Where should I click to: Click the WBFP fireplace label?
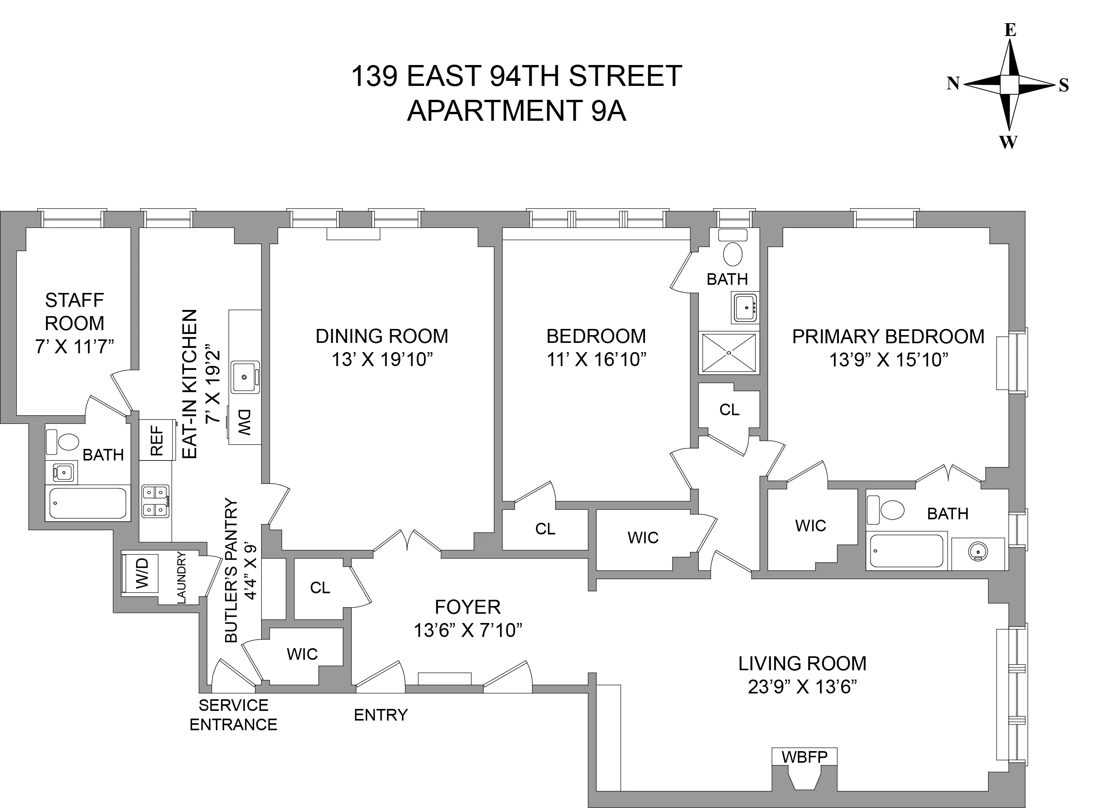click(x=804, y=757)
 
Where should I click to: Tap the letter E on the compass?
click(x=1010, y=30)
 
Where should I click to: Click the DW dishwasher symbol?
click(x=245, y=423)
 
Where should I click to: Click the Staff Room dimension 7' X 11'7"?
click(x=74, y=347)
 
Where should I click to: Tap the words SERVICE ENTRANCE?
click(x=233, y=715)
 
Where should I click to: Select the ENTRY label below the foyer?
click(x=380, y=715)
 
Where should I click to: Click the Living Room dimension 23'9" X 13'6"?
click(x=802, y=687)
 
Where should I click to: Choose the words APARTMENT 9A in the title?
click(x=517, y=111)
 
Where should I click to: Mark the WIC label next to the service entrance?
click(x=302, y=654)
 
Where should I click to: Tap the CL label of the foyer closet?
click(x=320, y=587)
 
